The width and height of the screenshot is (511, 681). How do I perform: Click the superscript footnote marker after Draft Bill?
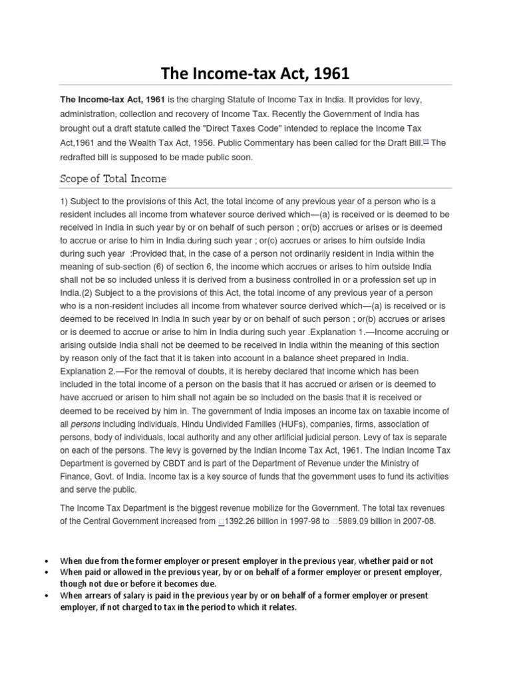(426, 140)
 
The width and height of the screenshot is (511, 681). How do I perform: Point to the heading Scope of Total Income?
(113, 179)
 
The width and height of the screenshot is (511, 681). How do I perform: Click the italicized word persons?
(85, 424)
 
